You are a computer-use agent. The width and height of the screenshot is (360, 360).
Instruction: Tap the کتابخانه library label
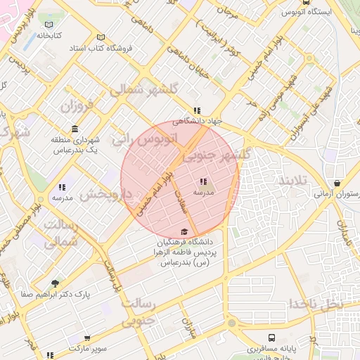click(x=49, y=34)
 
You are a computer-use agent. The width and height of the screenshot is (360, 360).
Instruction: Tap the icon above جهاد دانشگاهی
click(x=198, y=110)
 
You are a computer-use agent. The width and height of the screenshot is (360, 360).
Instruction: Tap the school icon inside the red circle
click(x=203, y=181)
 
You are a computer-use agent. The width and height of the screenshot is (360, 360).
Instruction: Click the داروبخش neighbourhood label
click(x=105, y=195)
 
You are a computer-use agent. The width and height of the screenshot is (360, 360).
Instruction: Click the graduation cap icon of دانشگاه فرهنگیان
click(x=184, y=232)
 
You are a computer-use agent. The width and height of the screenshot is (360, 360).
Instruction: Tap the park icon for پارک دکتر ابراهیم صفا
click(x=56, y=284)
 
